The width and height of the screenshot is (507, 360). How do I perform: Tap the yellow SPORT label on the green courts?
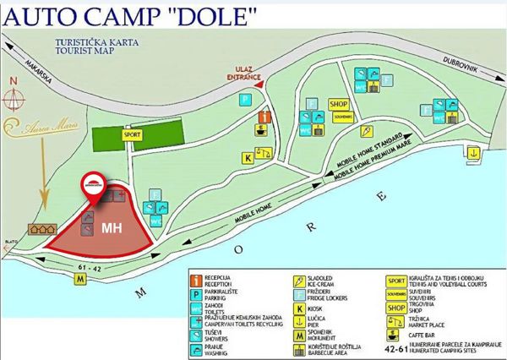click(x=132, y=134)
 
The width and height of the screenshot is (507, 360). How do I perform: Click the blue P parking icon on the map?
click(x=244, y=100)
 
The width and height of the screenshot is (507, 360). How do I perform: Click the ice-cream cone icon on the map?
click(x=368, y=132)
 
